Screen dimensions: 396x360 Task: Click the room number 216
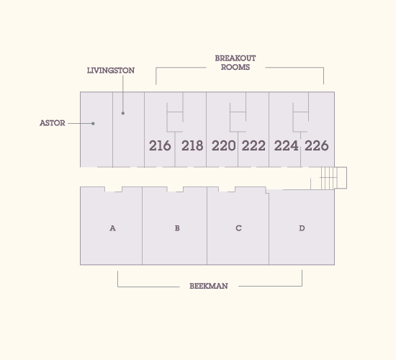(160, 145)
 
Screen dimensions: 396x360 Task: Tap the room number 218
(192, 145)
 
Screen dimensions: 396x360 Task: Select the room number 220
(223, 145)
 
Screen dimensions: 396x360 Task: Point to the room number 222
(253, 145)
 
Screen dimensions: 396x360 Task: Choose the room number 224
(286, 145)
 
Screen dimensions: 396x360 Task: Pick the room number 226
(317, 145)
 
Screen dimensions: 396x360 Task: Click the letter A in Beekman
(112, 228)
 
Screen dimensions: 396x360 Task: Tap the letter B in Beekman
(177, 228)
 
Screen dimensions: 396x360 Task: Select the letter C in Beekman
(238, 228)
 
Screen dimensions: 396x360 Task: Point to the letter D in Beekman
(302, 228)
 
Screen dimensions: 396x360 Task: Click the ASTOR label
(53, 123)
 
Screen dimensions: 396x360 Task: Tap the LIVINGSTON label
(111, 71)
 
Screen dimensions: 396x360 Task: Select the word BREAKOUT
(235, 58)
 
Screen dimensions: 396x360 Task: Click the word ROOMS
(235, 67)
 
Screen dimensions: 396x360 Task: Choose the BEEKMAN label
(209, 286)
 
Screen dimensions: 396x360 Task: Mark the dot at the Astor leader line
(93, 124)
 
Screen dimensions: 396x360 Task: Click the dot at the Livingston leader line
(123, 113)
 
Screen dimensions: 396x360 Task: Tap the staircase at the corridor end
(333, 178)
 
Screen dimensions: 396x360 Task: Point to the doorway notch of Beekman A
(113, 189)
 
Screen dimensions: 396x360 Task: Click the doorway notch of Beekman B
(175, 189)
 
